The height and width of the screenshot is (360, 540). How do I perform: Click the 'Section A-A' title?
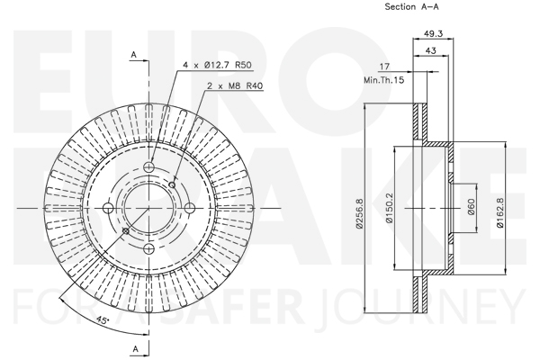tap(411, 6)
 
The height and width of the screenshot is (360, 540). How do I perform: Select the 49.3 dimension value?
tap(433, 33)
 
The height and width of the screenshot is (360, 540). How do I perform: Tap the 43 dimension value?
tap(431, 50)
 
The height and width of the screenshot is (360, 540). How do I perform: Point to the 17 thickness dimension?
tap(384, 66)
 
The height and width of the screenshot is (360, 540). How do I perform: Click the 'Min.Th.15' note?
tap(384, 80)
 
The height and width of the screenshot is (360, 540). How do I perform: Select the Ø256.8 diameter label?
tap(360, 213)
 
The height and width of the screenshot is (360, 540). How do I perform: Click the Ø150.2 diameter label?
tap(390, 208)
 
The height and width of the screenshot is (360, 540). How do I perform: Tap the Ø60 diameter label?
tap(472, 207)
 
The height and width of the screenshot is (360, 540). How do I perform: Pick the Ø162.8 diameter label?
tap(500, 212)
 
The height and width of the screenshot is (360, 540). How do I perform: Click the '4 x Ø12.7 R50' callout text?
tap(217, 65)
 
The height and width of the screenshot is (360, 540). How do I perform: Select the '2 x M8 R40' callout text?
tap(235, 85)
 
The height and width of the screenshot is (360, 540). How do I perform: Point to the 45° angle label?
tap(103, 320)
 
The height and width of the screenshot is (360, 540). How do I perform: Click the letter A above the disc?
tap(134, 54)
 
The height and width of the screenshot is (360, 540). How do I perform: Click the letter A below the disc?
tap(135, 349)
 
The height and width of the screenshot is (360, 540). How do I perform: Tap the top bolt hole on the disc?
tap(148, 167)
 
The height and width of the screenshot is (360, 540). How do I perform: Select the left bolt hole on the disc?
tap(108, 208)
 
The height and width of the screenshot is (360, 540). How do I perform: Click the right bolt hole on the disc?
tap(190, 208)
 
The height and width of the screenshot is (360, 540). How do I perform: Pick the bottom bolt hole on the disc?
tap(148, 248)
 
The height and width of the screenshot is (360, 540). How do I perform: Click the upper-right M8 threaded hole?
tap(172, 185)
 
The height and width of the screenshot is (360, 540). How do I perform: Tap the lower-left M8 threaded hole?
tap(126, 230)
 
